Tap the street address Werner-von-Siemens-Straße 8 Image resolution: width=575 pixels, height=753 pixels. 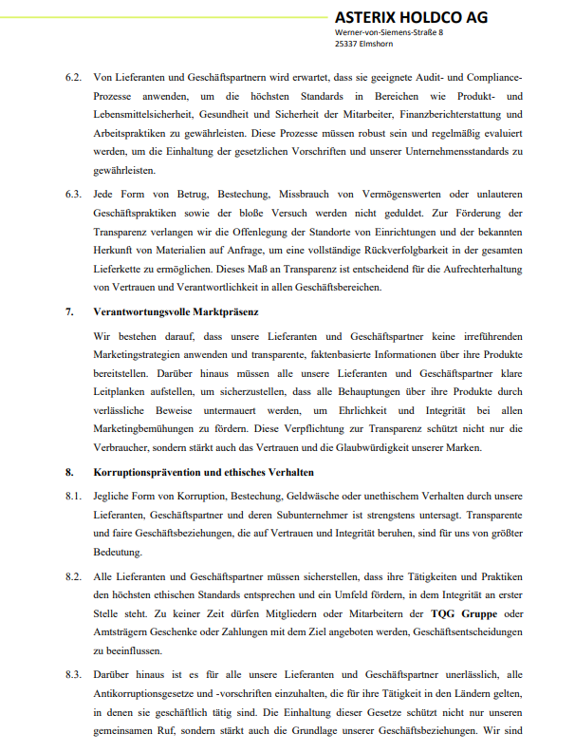pyautogui.click(x=389, y=32)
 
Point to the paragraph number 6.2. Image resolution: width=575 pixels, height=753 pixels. pyautogui.click(x=73, y=75)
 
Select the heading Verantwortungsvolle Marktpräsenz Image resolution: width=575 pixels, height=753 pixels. pyautogui.click(x=177, y=311)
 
